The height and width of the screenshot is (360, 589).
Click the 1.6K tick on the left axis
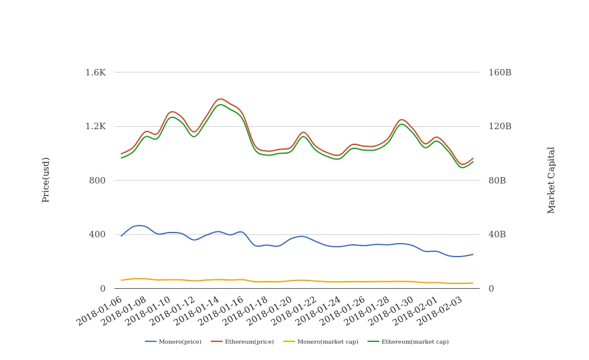coord(95,72)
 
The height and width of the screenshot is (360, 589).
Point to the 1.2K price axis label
coord(95,126)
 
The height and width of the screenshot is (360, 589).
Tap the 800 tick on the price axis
coord(97,181)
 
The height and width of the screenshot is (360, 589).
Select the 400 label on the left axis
coord(97,234)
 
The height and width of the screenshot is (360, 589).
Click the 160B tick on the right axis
coord(500,72)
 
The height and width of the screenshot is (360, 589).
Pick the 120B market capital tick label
coord(500,126)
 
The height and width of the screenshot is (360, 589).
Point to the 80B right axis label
coord(497,181)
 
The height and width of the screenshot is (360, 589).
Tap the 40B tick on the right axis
coord(497,234)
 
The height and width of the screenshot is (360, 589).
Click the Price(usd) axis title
coord(46,179)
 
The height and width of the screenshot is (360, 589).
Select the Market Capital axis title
coord(552,180)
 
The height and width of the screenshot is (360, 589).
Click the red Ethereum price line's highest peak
coord(220,99)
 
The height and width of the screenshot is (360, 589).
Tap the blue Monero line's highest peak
coord(139,225)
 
